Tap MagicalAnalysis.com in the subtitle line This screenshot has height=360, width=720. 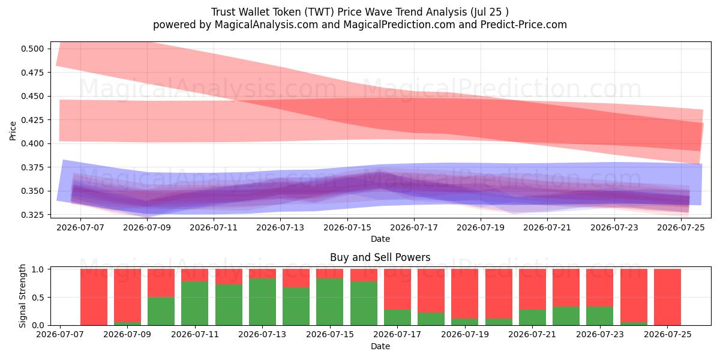coord(266,25)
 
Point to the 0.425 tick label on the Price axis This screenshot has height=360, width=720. coord(32,120)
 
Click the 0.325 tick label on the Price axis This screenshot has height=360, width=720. coord(32,215)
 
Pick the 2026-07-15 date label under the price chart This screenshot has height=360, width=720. coord(347,227)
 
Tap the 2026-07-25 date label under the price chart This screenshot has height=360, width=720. coord(681,227)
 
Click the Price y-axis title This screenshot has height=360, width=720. coord(13,131)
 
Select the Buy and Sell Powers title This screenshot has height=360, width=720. coord(380,257)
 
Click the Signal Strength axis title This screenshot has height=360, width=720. coord(22,296)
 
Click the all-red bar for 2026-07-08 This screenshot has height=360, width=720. coord(94,297)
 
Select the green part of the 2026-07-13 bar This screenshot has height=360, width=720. coord(263,302)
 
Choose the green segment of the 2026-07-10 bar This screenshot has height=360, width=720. coord(161,311)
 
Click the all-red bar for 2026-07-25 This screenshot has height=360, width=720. coord(668,297)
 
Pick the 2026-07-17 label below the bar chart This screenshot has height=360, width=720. coord(397,334)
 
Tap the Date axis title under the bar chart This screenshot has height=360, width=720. coord(380,346)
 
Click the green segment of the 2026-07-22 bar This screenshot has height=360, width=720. coord(566,316)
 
